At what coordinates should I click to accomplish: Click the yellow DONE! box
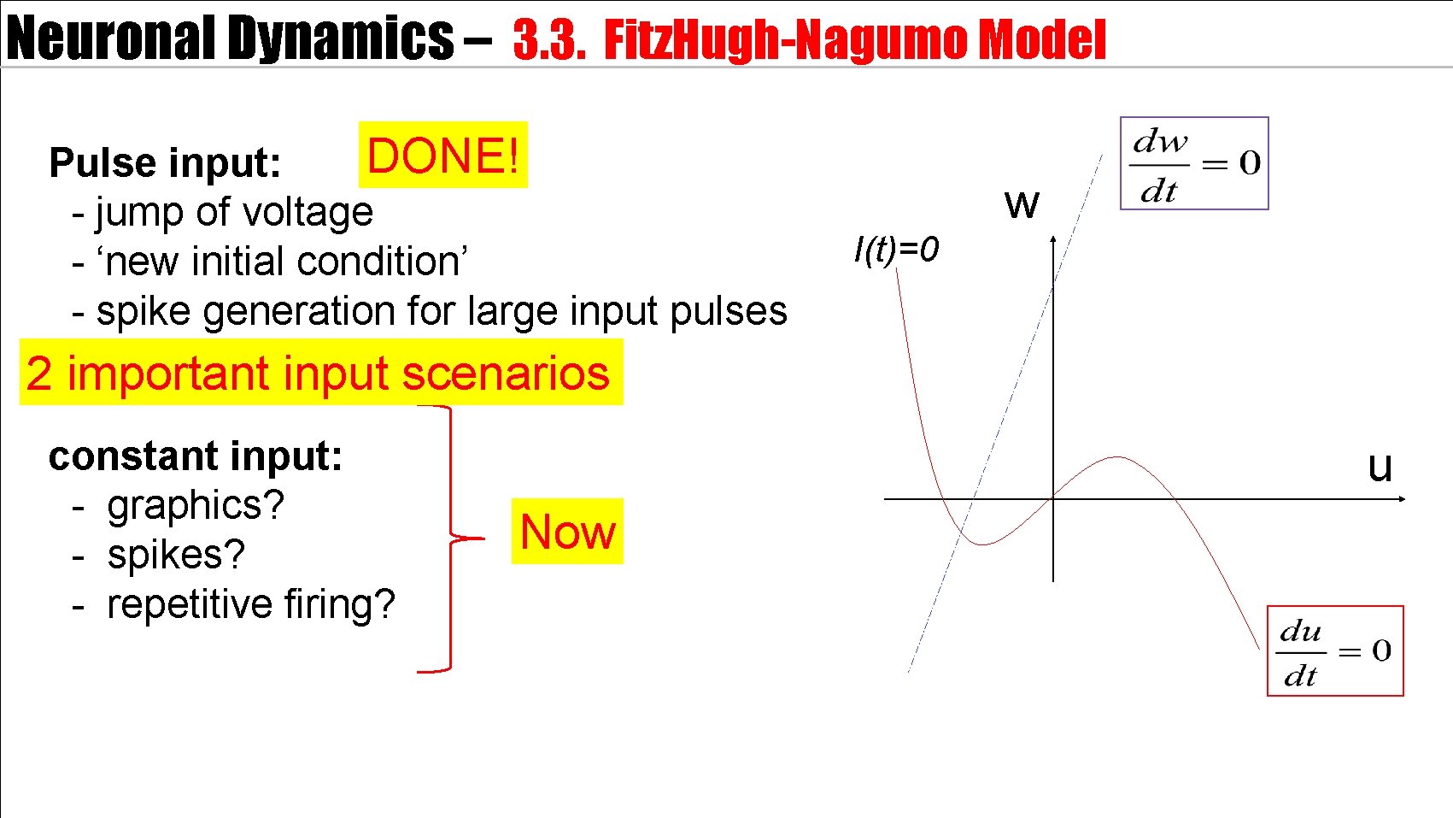tap(442, 156)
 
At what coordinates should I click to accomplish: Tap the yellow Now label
tap(567, 532)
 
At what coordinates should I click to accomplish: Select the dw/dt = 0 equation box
tap(1194, 163)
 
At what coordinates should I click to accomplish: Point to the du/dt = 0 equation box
tap(1335, 651)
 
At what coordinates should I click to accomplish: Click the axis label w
tap(1022, 203)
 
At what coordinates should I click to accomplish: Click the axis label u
tap(1380, 467)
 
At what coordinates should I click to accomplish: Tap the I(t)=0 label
tap(896, 250)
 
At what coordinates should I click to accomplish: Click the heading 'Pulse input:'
tap(165, 162)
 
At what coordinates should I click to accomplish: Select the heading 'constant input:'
tap(196, 456)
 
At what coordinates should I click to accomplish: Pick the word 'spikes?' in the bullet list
tap(176, 555)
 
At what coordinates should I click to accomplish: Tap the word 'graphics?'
tap(196, 505)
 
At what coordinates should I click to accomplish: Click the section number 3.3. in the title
tap(549, 40)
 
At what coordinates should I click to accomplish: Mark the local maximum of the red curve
tap(1117, 457)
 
